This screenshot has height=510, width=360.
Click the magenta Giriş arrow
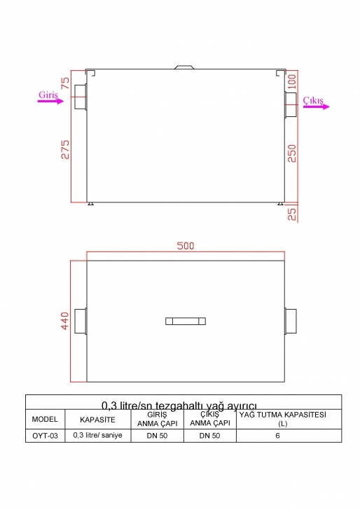[50, 101]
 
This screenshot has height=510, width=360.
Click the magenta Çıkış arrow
[317, 106]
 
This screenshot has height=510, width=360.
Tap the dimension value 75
[65, 83]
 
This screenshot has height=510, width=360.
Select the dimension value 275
[65, 149]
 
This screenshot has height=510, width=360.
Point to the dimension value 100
[292, 82]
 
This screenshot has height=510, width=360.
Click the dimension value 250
[292, 153]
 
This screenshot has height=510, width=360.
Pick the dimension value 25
[292, 214]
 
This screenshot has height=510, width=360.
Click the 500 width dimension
[186, 246]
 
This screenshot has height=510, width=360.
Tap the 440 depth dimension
[65, 321]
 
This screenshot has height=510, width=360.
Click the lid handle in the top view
[186, 322]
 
